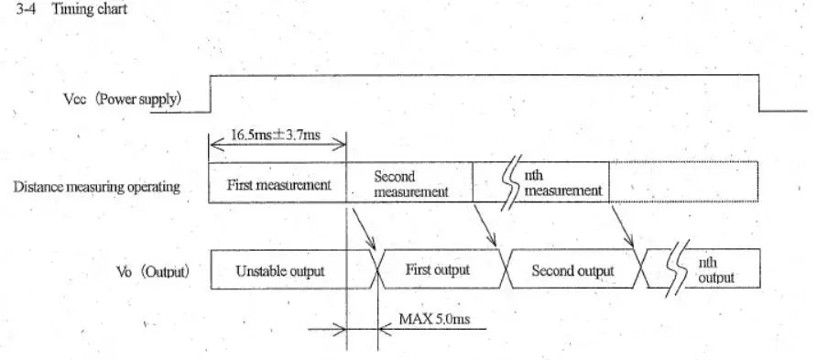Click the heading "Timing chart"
89,9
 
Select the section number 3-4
26,9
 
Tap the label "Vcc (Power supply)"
123,100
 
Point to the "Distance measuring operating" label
96,187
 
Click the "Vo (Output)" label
153,271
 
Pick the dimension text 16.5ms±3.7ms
276,136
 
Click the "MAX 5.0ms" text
434,319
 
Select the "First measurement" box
278,182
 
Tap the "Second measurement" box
409,182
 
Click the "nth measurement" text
562,183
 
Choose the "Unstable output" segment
279,271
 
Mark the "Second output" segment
572,270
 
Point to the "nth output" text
716,270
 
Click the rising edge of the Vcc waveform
210,93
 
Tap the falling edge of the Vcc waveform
759,93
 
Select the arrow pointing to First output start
364,229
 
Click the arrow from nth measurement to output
623,226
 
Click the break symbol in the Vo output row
677,268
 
